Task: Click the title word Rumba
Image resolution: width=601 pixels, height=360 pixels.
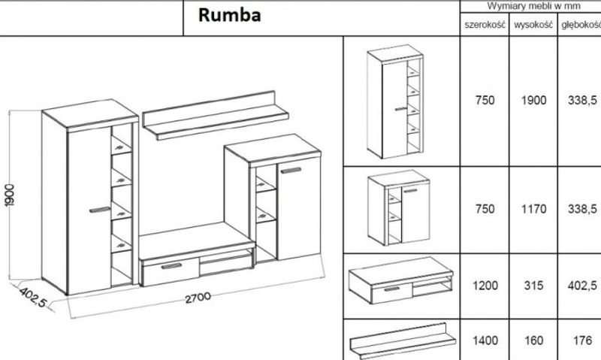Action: point(230,16)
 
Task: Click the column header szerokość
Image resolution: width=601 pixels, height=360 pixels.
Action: point(485,26)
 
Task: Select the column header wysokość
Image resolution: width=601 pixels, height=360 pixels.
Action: point(533,26)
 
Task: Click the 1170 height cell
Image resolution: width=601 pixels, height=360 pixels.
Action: point(533,209)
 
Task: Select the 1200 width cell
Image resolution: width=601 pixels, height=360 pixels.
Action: point(485,286)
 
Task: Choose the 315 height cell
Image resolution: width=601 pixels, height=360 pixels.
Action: point(533,286)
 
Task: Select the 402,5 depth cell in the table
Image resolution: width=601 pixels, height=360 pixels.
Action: point(582,286)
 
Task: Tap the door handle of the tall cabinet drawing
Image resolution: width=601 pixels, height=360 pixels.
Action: point(99,206)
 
